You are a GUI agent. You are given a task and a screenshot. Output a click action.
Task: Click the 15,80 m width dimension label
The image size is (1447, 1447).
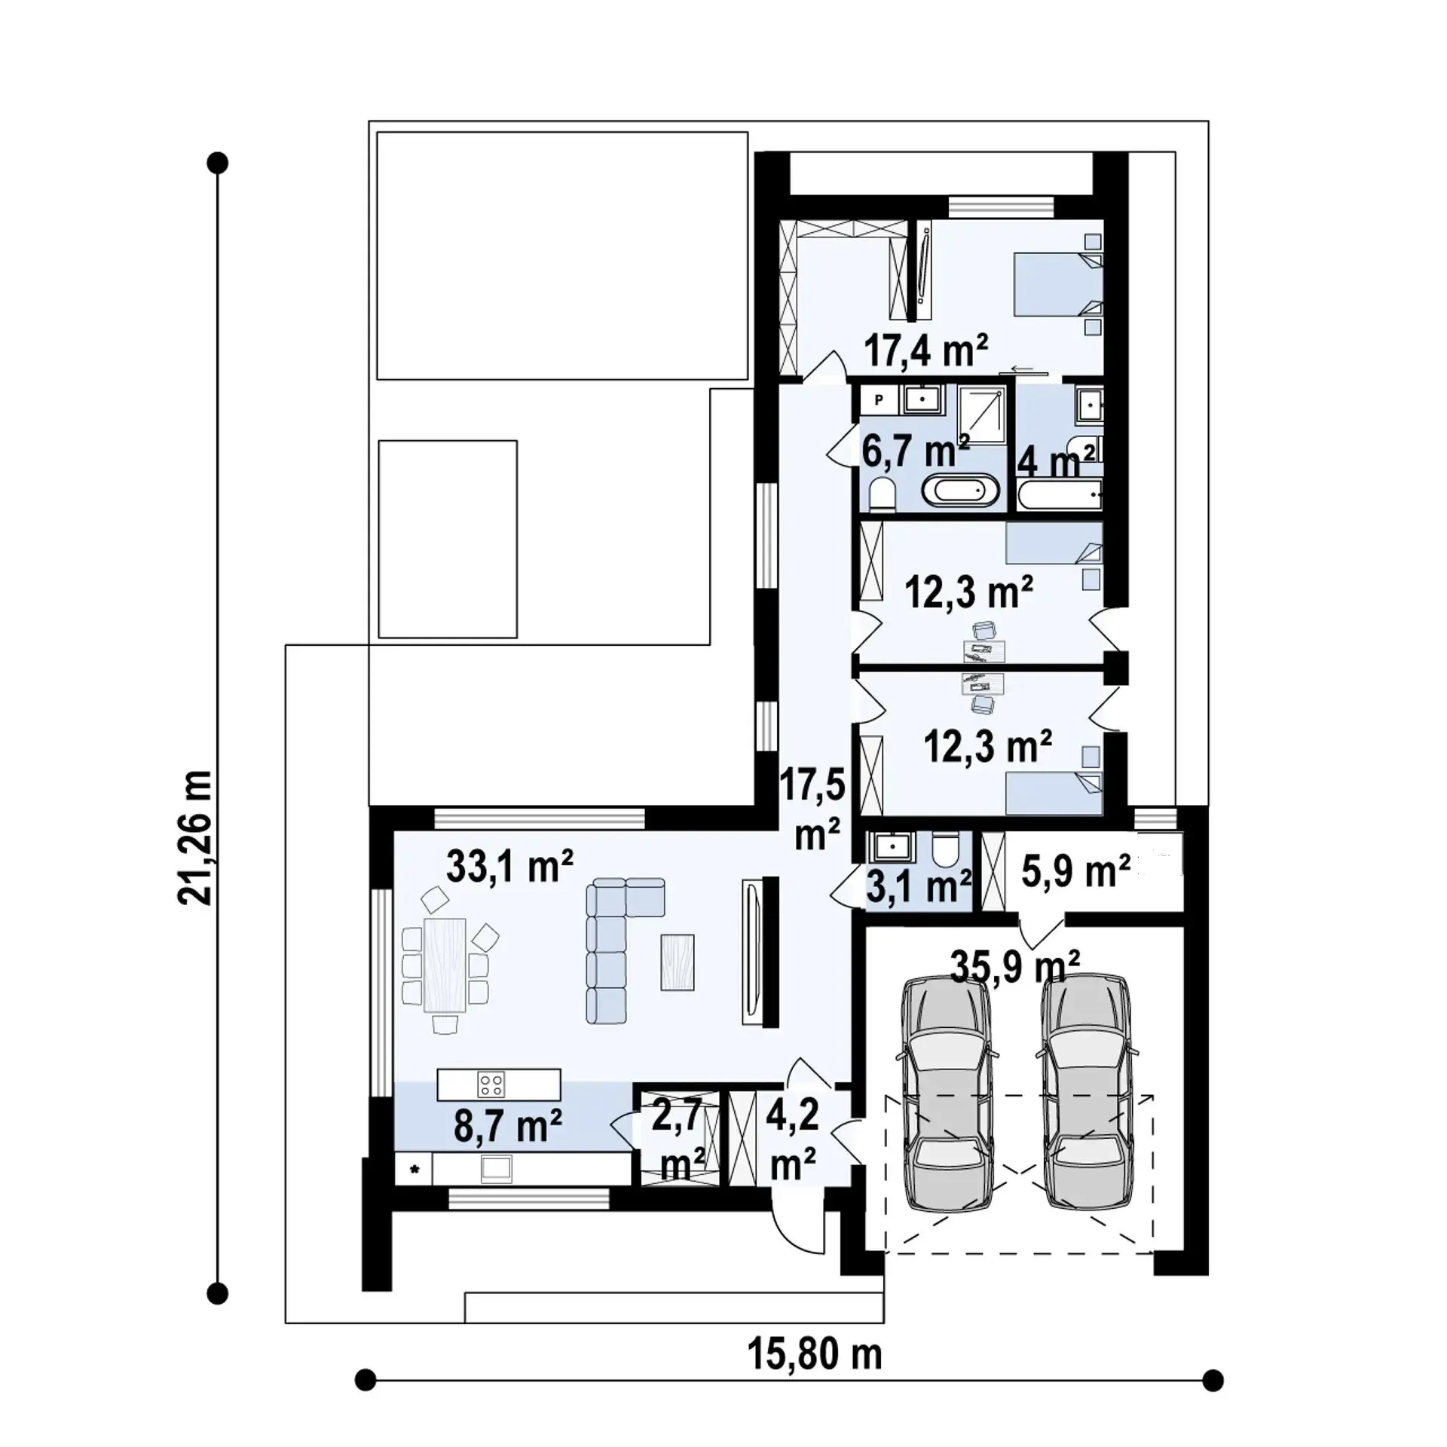click(x=815, y=1354)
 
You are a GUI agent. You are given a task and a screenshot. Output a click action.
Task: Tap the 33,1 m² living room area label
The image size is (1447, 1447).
click(x=509, y=866)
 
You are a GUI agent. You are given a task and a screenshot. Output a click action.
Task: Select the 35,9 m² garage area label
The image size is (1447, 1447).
click(x=1015, y=966)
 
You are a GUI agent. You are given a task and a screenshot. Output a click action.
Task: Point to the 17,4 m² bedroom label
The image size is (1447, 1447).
click(x=925, y=350)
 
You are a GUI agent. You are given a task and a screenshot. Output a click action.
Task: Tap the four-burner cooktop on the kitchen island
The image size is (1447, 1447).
click(x=491, y=1084)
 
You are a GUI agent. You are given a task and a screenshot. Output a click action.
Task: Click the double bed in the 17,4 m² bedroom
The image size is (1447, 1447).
click(x=1058, y=284)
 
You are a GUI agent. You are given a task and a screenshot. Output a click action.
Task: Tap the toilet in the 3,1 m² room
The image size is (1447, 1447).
click(x=943, y=851)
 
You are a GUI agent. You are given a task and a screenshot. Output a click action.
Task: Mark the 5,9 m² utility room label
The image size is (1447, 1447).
click(x=1075, y=872)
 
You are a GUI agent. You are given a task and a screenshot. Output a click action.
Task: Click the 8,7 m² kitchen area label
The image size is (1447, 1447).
click(x=507, y=1128)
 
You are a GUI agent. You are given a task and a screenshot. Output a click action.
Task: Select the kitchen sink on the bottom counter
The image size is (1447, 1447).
click(x=497, y=1189)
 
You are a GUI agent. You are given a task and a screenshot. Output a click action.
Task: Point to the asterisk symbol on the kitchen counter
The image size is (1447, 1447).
click(x=414, y=1191)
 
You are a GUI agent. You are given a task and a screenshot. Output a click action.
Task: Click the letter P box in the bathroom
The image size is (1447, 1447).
click(x=878, y=400)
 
